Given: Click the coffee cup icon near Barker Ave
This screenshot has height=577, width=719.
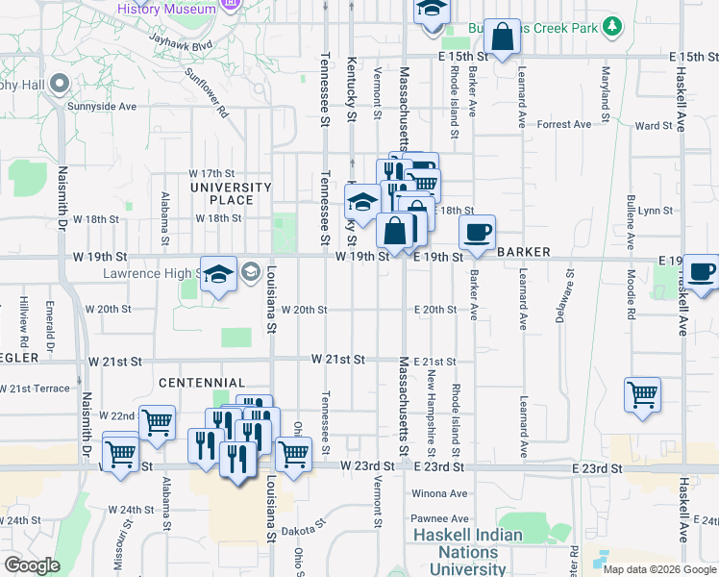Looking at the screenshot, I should click(x=477, y=232).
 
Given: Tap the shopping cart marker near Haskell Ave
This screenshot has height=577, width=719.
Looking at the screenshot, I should click(x=641, y=393).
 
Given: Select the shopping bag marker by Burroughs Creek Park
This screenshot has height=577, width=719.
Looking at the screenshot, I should click(x=502, y=38).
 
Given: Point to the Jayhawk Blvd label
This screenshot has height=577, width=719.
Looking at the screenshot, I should click(x=180, y=43).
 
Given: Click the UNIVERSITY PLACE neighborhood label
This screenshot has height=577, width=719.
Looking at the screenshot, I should click(x=232, y=193).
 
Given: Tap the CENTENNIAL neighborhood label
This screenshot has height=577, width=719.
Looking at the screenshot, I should click(x=202, y=383).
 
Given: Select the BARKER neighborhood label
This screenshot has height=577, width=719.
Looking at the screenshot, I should click(x=524, y=252).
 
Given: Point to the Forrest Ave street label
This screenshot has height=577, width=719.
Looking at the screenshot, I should click(x=564, y=125).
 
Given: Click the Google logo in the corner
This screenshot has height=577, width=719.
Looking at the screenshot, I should click(x=32, y=565).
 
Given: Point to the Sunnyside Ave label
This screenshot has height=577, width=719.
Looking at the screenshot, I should click(x=100, y=106).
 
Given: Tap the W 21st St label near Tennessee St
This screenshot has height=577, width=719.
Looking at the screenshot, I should click(x=337, y=360).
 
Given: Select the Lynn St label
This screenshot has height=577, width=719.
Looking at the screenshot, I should click(x=654, y=210).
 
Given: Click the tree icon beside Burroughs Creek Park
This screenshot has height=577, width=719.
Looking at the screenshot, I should click(x=609, y=28).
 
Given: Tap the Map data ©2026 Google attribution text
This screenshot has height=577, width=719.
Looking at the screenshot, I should click(x=659, y=569).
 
